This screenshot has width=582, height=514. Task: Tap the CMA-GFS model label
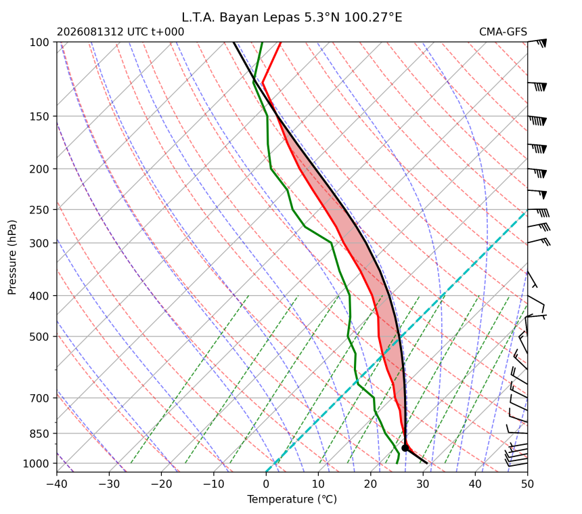[503, 32]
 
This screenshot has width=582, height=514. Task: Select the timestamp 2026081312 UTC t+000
[120, 32]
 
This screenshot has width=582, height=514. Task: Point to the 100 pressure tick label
[39, 43]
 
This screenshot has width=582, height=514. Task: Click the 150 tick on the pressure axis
[39, 116]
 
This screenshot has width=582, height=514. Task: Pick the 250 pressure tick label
[39, 210]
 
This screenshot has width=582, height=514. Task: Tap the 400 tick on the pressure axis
[39, 296]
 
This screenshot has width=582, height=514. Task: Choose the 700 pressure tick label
[39, 398]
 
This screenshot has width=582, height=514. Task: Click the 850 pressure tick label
[39, 433]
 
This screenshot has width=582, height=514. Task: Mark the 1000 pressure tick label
[36, 463]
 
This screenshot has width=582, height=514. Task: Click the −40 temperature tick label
[57, 484]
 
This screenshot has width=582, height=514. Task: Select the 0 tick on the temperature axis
[266, 484]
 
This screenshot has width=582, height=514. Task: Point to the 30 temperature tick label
[423, 484]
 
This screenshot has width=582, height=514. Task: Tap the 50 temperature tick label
[527, 484]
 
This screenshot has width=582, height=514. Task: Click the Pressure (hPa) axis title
[12, 257]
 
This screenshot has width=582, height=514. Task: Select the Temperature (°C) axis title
[292, 500]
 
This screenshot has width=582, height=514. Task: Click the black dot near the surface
[405, 448]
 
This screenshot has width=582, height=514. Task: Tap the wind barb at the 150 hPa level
[537, 120]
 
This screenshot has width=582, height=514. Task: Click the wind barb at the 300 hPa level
[539, 241]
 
